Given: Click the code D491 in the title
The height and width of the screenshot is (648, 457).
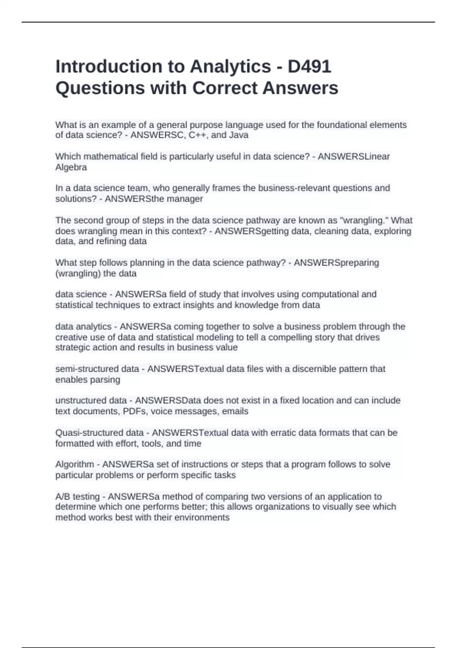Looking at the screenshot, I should [309, 67].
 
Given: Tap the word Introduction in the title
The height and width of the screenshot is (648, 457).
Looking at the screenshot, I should [109, 67].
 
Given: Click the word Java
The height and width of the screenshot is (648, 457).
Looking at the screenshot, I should [239, 135].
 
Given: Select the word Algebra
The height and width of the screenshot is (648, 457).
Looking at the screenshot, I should [71, 167].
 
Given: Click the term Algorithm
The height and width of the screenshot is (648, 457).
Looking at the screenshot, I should [74, 465].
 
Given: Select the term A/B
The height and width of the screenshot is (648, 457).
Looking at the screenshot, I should [63, 497].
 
